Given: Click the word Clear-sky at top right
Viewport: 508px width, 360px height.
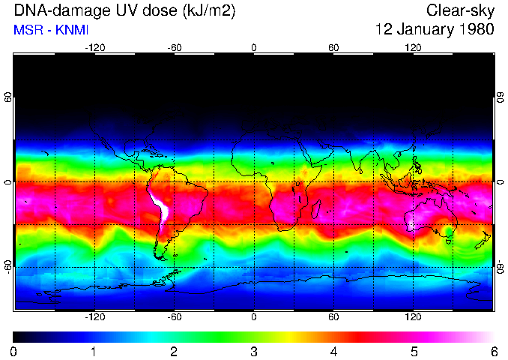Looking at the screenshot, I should point(460,10).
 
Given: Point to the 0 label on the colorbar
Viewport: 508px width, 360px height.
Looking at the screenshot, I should point(14,351).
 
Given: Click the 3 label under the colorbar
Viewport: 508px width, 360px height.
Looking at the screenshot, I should point(253,351).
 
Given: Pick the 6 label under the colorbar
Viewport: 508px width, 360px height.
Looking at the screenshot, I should point(493,351).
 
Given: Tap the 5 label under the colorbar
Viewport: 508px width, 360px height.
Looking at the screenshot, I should point(413,351).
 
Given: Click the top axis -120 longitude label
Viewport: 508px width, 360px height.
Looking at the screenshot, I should point(94,48).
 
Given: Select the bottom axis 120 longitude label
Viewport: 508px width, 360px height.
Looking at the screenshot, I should point(413,317).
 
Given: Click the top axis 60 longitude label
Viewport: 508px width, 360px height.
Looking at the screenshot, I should point(333,48).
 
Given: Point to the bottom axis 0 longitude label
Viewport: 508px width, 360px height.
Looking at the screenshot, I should point(253,317).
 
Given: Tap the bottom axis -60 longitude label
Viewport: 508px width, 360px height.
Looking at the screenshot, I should point(174,317).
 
